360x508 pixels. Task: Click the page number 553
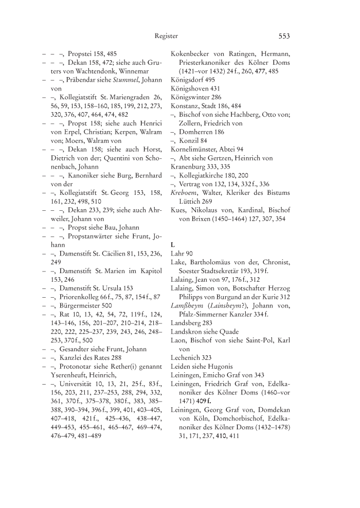point(284,36)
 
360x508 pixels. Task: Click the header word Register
point(166,36)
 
